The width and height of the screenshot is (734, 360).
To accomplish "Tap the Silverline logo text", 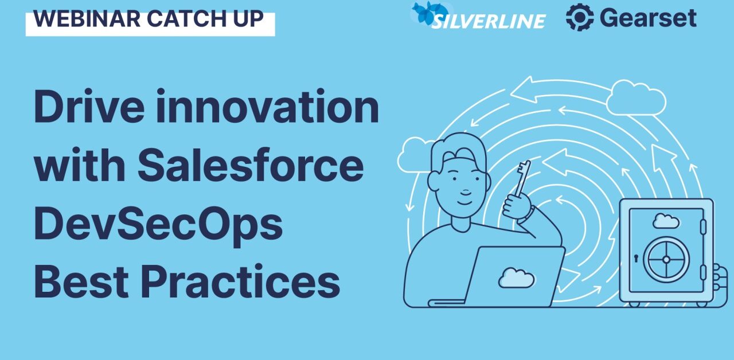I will click(x=489, y=21).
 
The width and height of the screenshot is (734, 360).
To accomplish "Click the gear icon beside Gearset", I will click(x=579, y=17).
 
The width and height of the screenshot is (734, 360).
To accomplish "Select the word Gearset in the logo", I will click(x=648, y=18).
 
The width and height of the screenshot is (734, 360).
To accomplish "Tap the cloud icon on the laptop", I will click(x=516, y=277).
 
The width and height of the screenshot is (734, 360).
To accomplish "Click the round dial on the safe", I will click(x=666, y=259).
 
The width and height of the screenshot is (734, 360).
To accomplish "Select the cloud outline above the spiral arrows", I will click(x=635, y=97).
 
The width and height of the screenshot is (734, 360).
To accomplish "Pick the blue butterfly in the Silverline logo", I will click(x=430, y=13).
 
